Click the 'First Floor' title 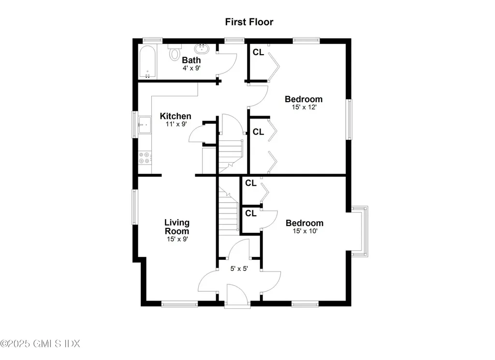coord(249,22)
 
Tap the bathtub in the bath coord(147,61)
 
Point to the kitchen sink coord(145,125)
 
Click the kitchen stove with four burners coord(145,158)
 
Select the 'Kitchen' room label coord(175,116)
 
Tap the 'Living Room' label coord(176,227)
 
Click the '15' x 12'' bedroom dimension coord(304,107)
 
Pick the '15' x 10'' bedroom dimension coord(304,231)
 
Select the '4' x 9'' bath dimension coord(191,68)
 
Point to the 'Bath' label coord(191,60)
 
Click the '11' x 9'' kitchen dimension coord(175,124)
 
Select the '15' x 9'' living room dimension coord(176,239)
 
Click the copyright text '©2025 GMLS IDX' coord(40,344)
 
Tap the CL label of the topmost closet coord(258,53)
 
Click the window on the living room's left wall coord(136,207)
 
